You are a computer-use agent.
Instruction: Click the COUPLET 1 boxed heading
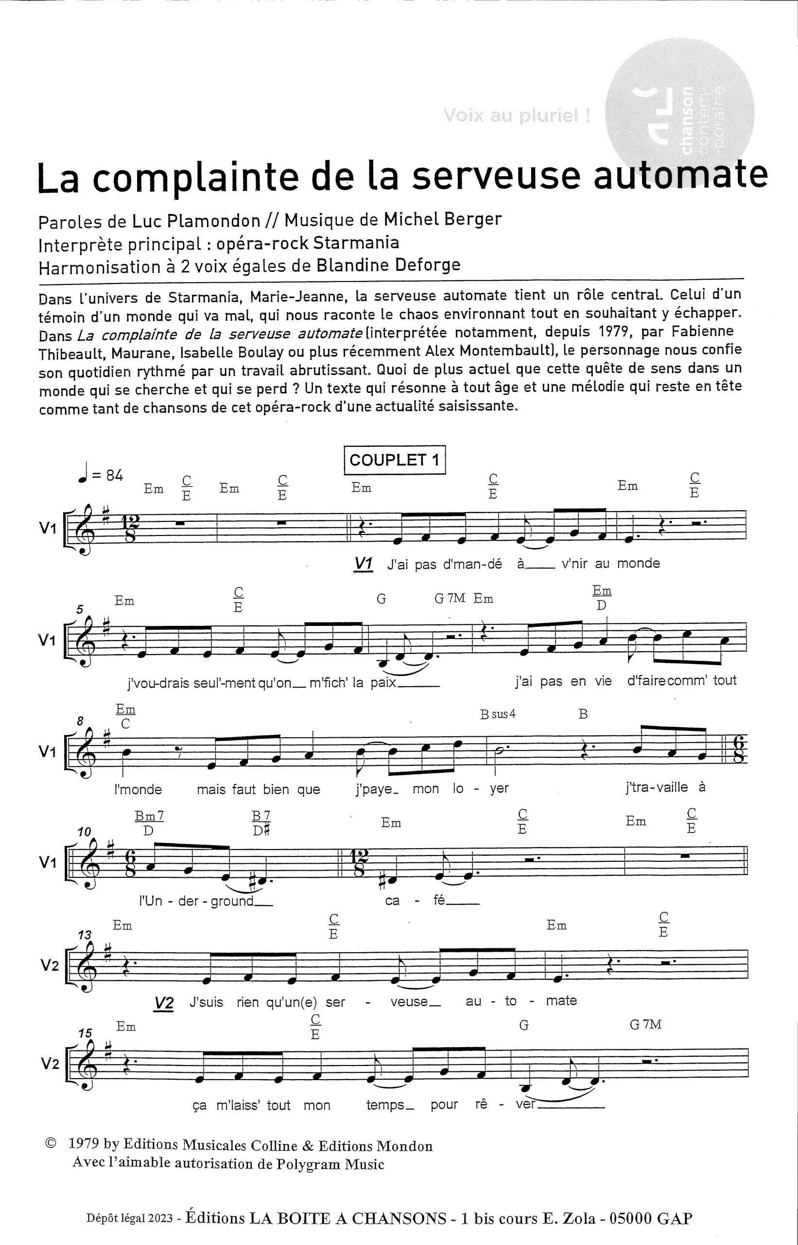[394, 460]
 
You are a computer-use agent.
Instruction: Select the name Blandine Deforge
[388, 265]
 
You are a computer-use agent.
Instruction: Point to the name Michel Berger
[443, 219]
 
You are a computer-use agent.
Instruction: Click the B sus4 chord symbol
[498, 714]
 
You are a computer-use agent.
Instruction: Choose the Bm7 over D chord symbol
[149, 823]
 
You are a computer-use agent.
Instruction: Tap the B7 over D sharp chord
[261, 823]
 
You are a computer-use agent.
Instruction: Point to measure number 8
[81, 721]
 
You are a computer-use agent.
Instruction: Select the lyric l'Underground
[205, 901]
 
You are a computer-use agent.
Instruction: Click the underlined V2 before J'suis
[164, 1003]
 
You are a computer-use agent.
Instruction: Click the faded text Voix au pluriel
[516, 115]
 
